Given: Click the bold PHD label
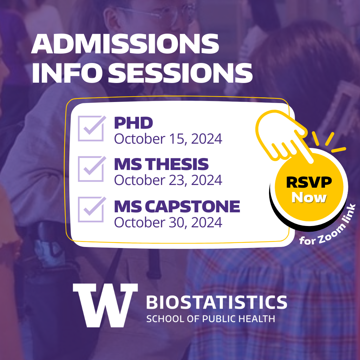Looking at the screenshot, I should point(134,123).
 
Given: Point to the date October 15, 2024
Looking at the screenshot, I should point(168,139).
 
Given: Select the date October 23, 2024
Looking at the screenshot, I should point(168,180).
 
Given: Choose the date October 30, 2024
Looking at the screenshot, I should point(168,222).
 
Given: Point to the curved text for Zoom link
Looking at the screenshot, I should point(328,227).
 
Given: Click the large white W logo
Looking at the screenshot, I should point(105,305).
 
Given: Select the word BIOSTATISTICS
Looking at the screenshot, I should point(216,302).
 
